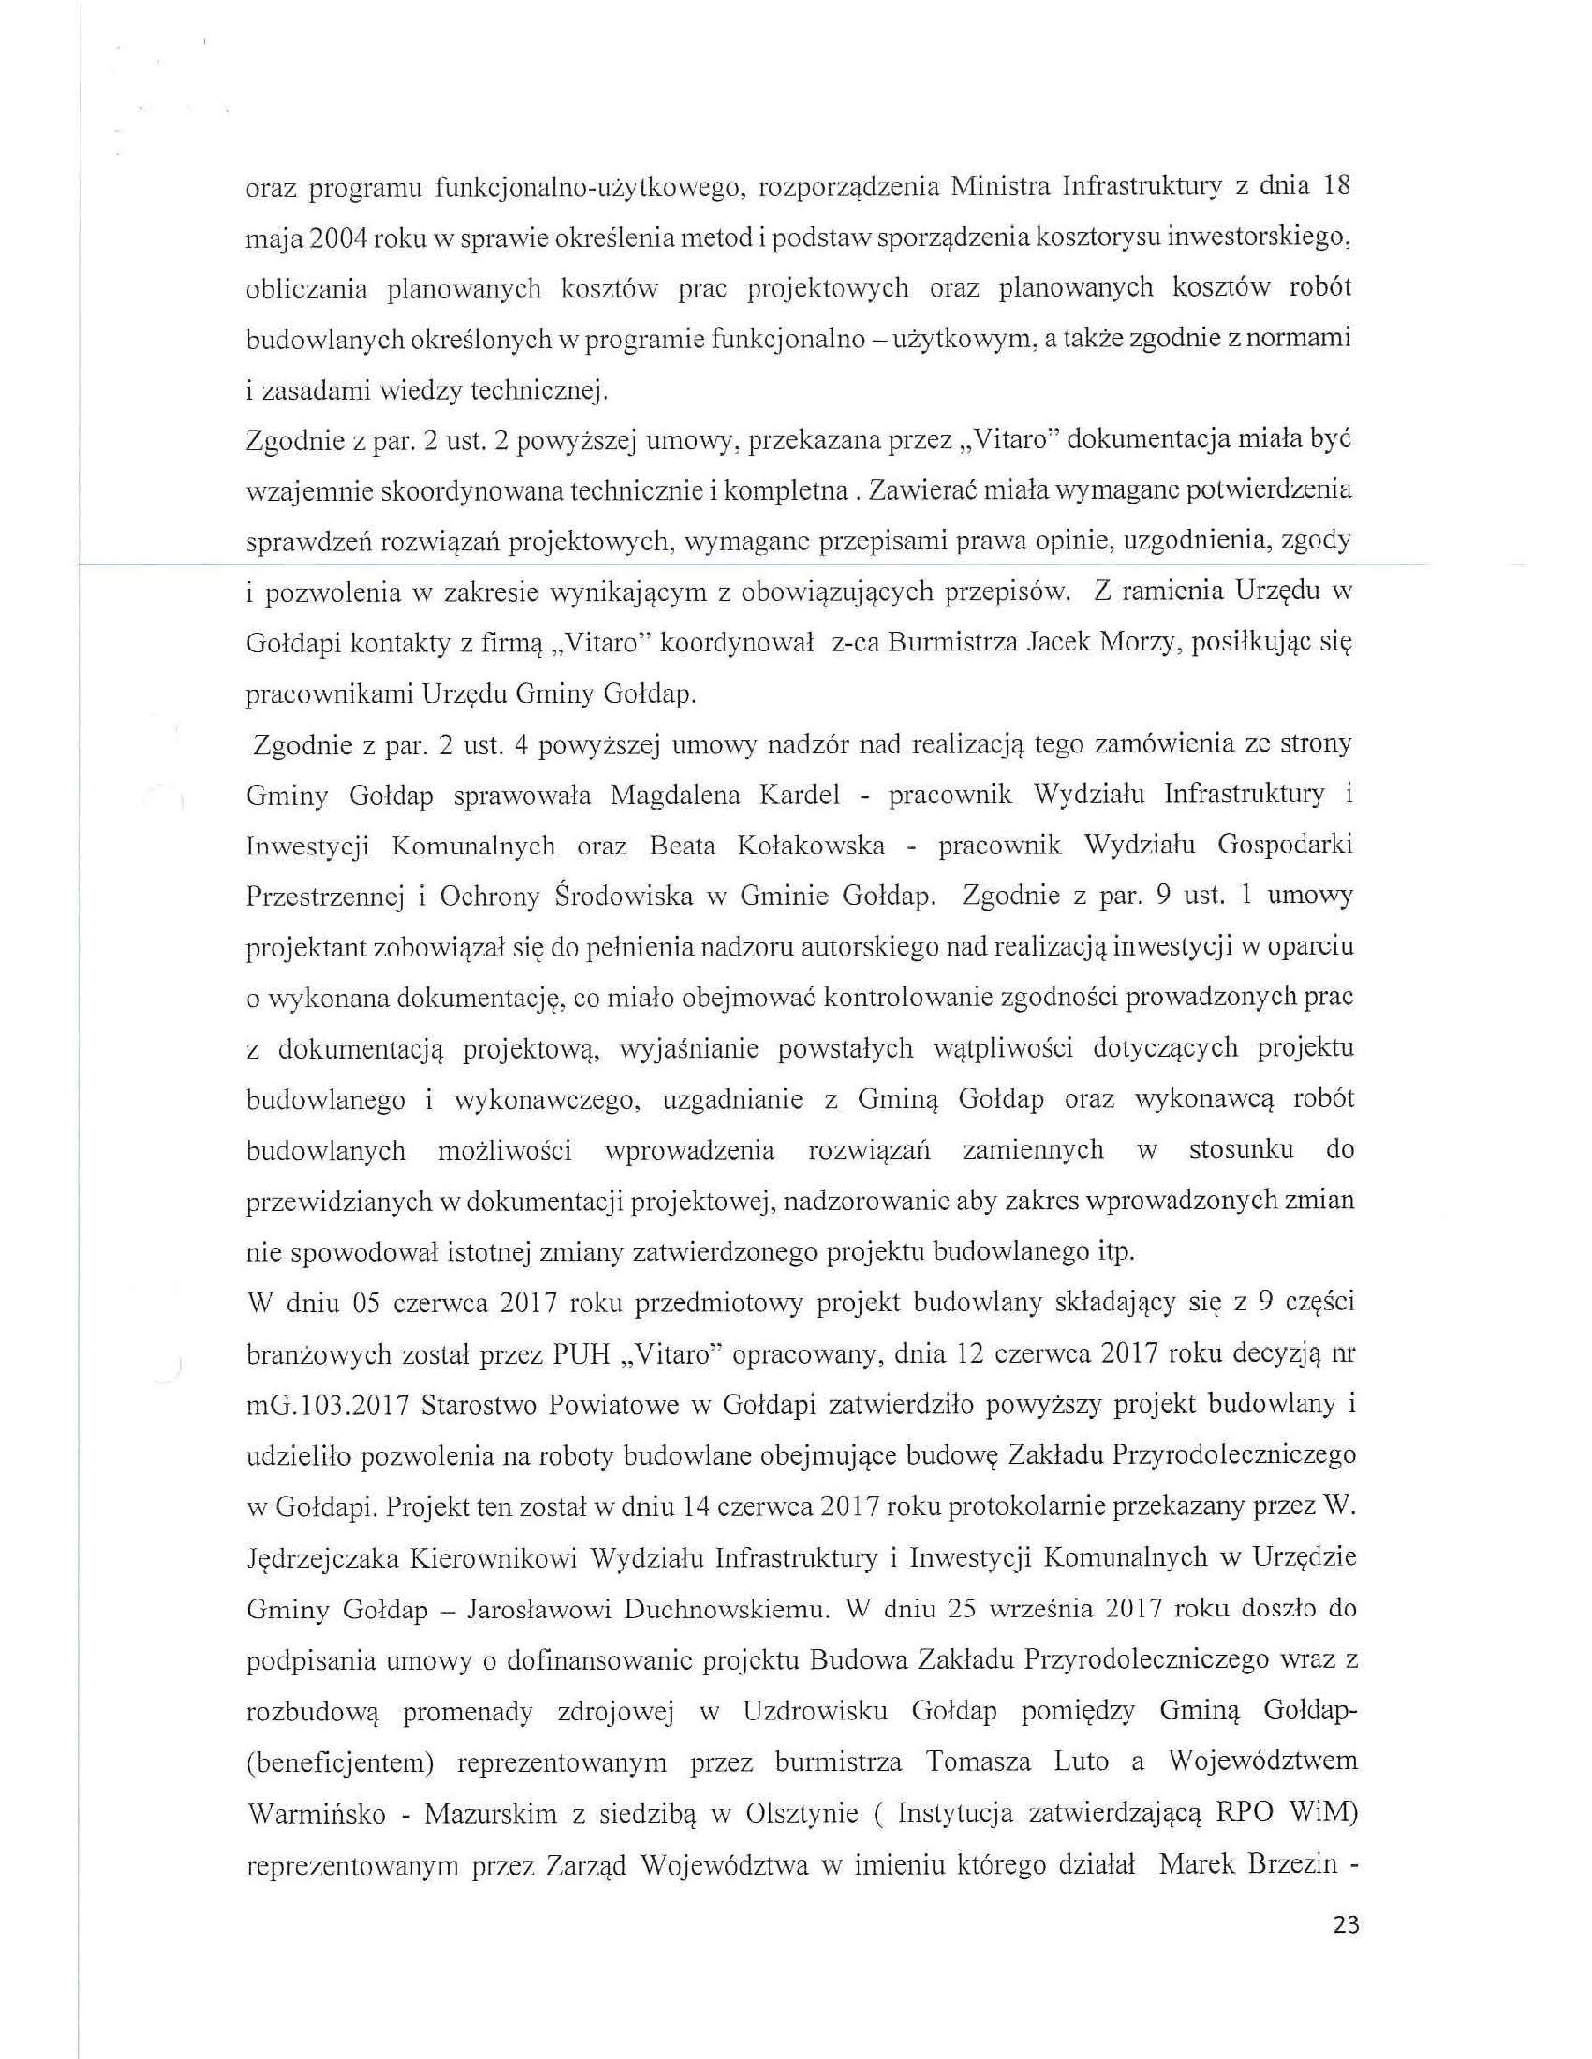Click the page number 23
tap(1346, 1923)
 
